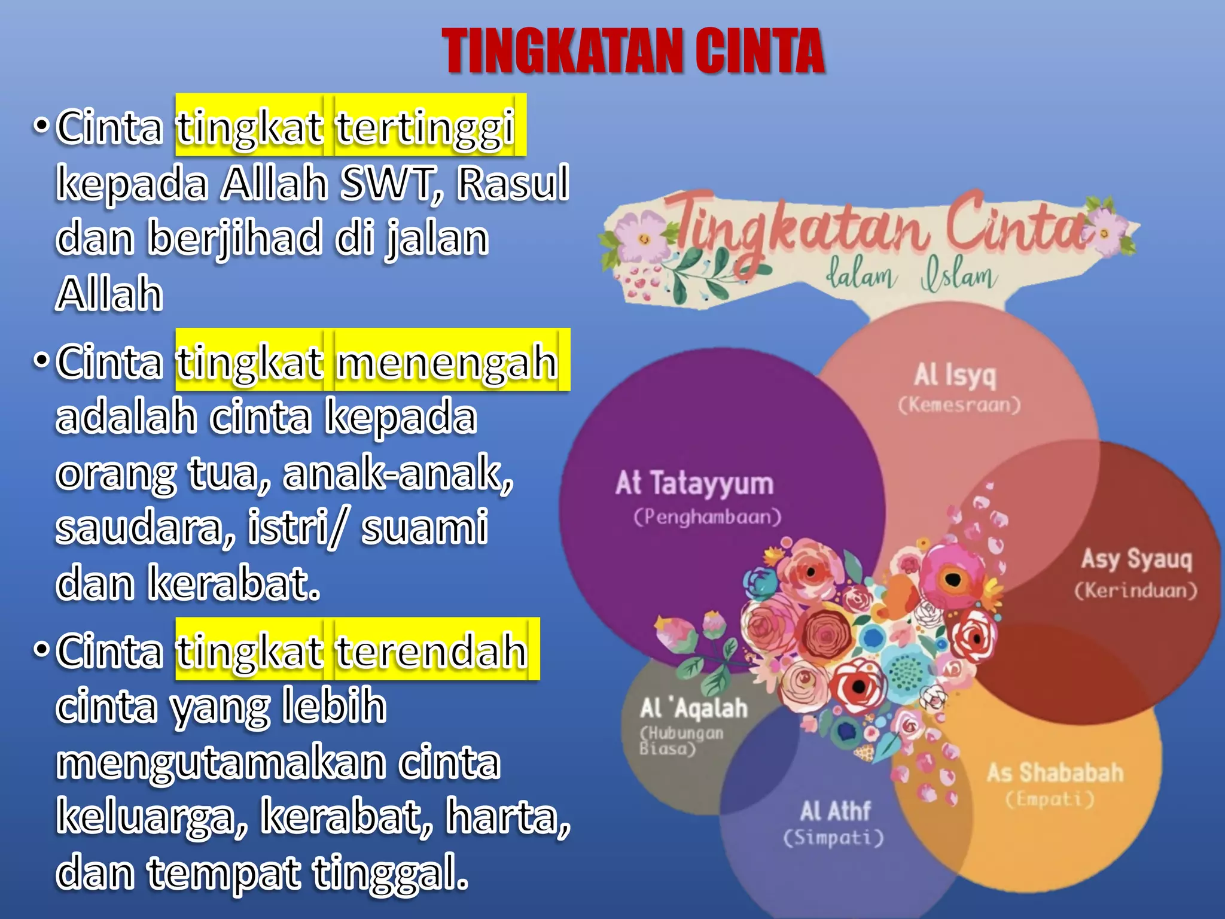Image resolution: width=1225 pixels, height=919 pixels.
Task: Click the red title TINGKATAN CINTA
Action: (633, 51)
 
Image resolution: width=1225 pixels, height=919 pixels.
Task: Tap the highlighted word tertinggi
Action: (425, 127)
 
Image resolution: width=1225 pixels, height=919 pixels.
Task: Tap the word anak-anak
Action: (398, 473)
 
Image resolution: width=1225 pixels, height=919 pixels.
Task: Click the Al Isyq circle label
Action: (955, 376)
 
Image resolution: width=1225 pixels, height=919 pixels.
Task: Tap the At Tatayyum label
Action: (694, 483)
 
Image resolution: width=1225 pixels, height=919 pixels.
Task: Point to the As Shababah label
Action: (1055, 772)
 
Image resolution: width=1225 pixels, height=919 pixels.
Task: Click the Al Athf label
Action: (835, 812)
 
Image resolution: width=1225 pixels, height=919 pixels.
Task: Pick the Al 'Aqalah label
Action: (694, 708)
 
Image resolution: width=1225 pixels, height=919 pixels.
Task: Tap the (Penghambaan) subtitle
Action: (708, 516)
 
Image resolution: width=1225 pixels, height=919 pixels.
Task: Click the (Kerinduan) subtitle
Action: (1136, 591)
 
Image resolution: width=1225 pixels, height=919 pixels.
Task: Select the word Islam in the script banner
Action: (959, 276)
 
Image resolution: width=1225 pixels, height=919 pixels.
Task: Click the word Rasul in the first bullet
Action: (513, 183)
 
